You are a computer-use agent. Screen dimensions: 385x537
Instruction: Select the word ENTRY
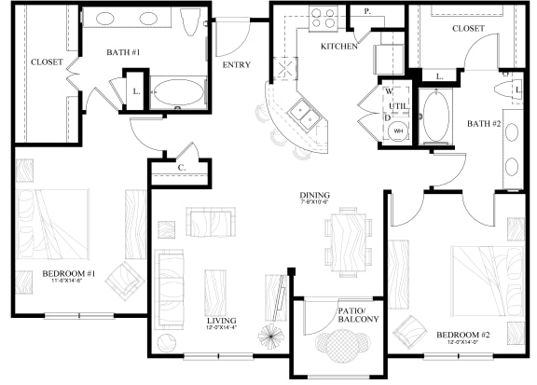pyautogui.click(x=236, y=65)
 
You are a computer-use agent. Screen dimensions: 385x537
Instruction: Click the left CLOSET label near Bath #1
pyautogui.click(x=47, y=62)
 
